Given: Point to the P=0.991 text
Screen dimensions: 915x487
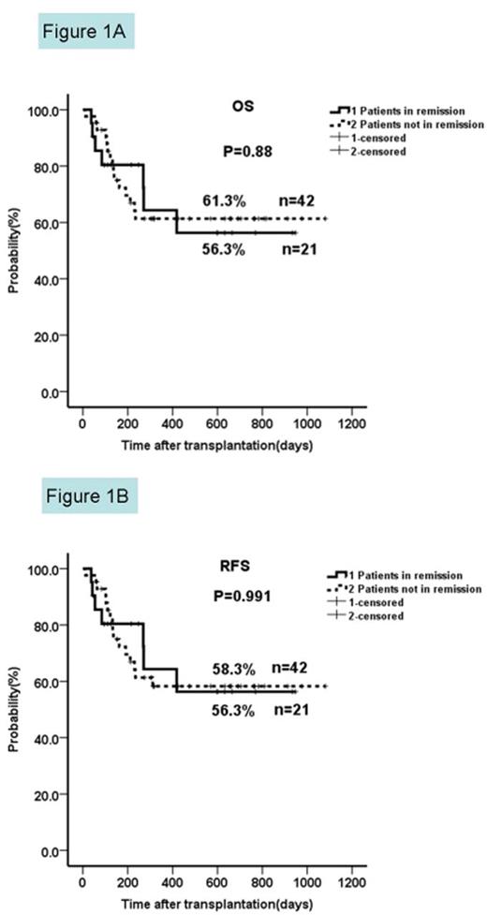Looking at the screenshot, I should (243, 594).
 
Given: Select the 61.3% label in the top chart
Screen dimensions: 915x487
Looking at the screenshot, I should (223, 200).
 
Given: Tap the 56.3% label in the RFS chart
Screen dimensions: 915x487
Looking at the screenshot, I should (223, 710).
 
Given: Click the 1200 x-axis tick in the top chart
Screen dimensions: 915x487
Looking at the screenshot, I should (352, 418).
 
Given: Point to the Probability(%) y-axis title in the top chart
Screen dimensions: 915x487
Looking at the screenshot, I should (15, 251).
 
